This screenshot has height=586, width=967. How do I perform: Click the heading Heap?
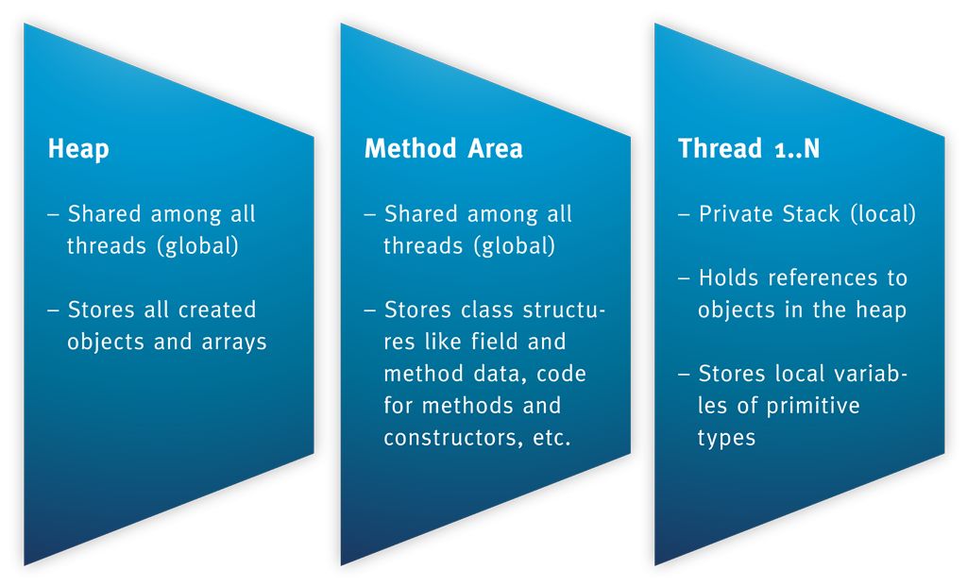click(78, 150)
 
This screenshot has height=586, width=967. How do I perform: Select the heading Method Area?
click(443, 149)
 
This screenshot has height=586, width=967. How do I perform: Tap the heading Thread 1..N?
click(749, 149)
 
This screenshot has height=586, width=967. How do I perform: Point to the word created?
click(217, 310)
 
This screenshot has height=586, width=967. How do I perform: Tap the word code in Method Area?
click(562, 374)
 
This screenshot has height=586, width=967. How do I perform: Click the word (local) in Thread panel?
click(882, 214)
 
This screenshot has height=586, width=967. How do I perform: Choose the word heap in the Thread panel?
click(880, 310)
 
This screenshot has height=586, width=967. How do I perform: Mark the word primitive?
click(813, 406)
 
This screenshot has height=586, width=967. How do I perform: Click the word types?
click(726, 438)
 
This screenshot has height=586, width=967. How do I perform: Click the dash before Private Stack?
click(684, 215)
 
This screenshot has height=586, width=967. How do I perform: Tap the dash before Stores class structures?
click(369, 310)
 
